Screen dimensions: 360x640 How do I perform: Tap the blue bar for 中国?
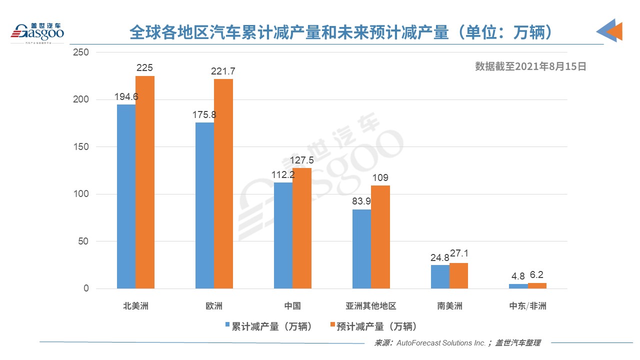(x=283, y=235)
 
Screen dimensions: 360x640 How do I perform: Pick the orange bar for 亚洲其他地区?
(x=380, y=237)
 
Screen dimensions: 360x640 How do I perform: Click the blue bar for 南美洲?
(x=440, y=276)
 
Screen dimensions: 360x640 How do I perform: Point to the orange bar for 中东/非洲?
(x=537, y=285)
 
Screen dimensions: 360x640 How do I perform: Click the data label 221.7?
(x=223, y=71)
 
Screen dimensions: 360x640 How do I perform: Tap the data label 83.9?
(x=361, y=201)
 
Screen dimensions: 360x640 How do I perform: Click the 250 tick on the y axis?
(x=80, y=52)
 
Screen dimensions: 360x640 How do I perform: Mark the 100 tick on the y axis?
(x=80, y=194)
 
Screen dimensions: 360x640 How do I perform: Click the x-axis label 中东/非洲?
(x=527, y=306)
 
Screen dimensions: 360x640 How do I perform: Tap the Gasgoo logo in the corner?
(x=38, y=32)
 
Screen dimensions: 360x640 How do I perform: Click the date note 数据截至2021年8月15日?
(x=530, y=66)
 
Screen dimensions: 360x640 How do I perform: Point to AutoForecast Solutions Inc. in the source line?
(x=439, y=343)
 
